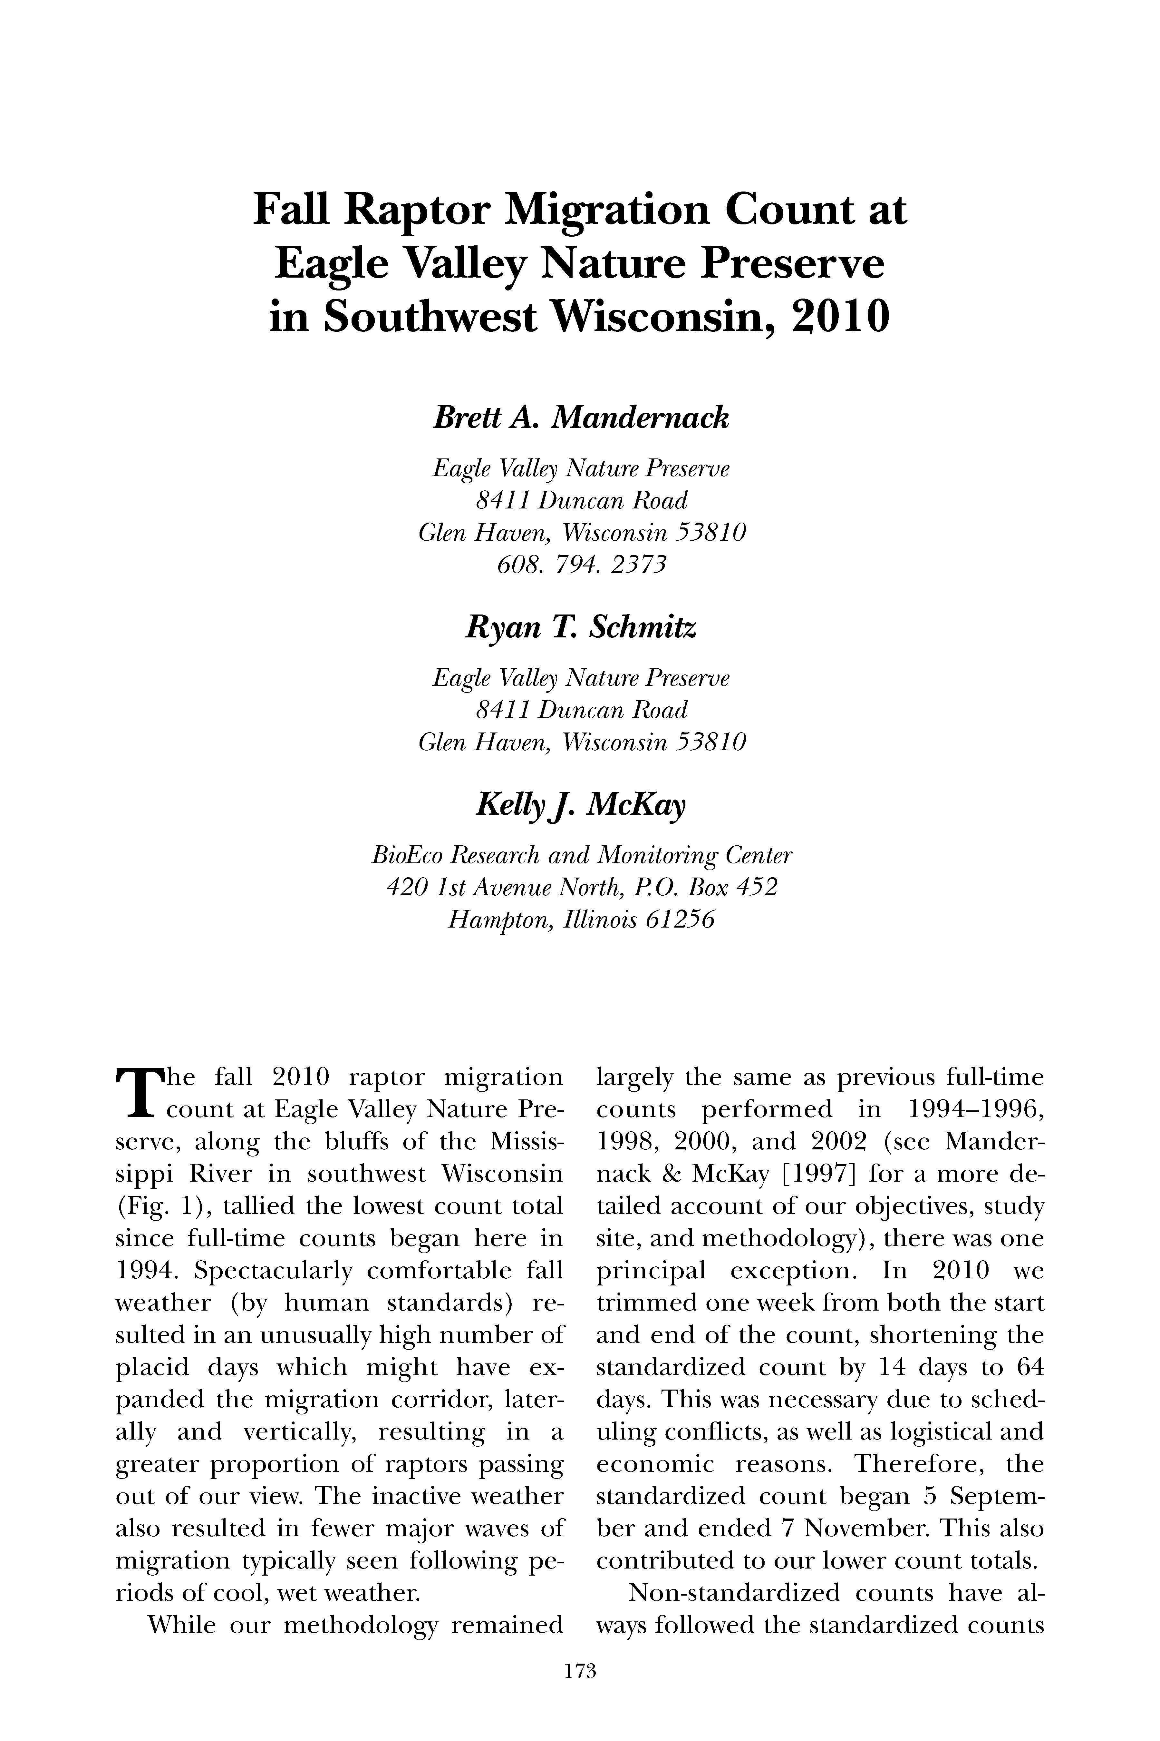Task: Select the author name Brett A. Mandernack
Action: tap(581, 419)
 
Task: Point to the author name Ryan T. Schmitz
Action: tap(581, 628)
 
